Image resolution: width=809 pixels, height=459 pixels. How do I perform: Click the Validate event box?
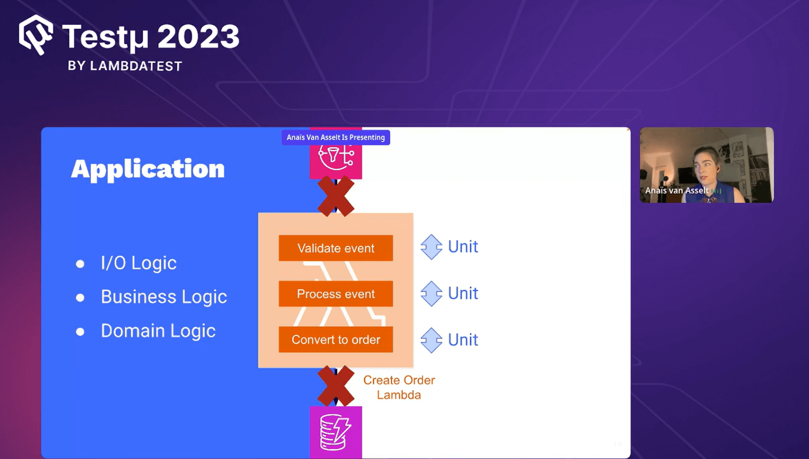point(336,248)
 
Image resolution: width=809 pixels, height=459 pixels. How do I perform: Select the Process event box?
point(336,294)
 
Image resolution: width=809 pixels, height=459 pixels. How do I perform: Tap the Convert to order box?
point(336,340)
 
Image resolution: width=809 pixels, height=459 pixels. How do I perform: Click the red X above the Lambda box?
point(336,196)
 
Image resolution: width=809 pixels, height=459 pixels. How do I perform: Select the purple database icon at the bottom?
point(336,432)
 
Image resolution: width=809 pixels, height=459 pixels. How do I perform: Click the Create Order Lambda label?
point(399,387)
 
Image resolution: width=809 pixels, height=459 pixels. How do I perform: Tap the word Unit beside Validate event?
point(463,247)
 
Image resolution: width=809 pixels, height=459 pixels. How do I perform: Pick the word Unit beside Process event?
point(463,293)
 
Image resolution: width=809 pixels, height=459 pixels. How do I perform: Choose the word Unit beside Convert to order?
point(463,340)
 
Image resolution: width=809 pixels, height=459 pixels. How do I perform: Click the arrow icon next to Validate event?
point(431,247)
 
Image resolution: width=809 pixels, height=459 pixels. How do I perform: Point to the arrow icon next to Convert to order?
point(431,340)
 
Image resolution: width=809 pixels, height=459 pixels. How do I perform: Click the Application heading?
point(148,169)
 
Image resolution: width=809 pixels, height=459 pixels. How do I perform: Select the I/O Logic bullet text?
point(139,263)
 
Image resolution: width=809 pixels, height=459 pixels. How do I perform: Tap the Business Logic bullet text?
point(164,297)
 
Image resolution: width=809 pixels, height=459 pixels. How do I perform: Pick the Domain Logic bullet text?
point(158,331)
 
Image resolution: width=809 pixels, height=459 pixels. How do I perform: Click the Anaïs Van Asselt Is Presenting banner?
point(336,137)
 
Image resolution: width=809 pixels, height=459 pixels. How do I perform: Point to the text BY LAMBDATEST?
point(125,66)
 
